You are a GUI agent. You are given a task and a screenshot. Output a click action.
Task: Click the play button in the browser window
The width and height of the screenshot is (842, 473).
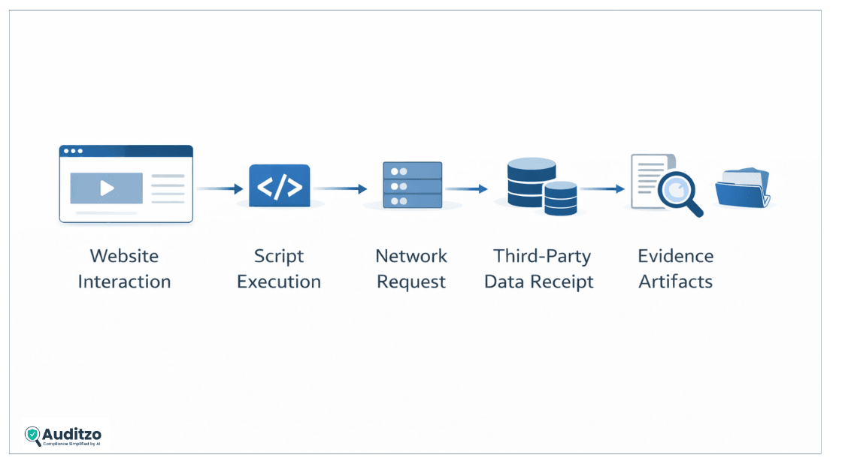107,188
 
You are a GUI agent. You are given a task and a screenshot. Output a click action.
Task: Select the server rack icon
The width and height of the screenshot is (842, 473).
411,185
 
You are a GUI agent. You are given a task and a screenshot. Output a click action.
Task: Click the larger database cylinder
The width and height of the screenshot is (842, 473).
531,182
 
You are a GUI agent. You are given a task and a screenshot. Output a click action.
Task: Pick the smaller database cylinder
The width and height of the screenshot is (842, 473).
560,199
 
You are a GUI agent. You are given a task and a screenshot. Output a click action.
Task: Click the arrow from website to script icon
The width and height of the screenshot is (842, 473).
220,189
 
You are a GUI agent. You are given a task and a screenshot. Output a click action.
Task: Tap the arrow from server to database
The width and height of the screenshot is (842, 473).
466,189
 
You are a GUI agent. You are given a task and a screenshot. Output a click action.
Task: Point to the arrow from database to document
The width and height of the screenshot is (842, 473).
602,189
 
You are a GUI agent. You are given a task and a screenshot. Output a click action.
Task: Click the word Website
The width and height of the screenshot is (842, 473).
124,256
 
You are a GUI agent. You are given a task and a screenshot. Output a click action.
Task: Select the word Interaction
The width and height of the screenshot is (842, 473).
124,282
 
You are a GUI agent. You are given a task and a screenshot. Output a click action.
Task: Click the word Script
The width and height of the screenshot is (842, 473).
278,256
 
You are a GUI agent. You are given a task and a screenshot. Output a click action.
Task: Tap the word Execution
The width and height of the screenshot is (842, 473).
278,282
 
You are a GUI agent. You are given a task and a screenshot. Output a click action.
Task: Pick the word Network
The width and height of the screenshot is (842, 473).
411,256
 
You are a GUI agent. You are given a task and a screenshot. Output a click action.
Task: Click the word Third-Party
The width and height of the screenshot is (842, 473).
541,256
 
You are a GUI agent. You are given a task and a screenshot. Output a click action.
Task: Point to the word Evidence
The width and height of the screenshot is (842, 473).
675,256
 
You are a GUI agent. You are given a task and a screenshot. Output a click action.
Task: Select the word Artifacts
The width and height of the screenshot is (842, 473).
675,282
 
